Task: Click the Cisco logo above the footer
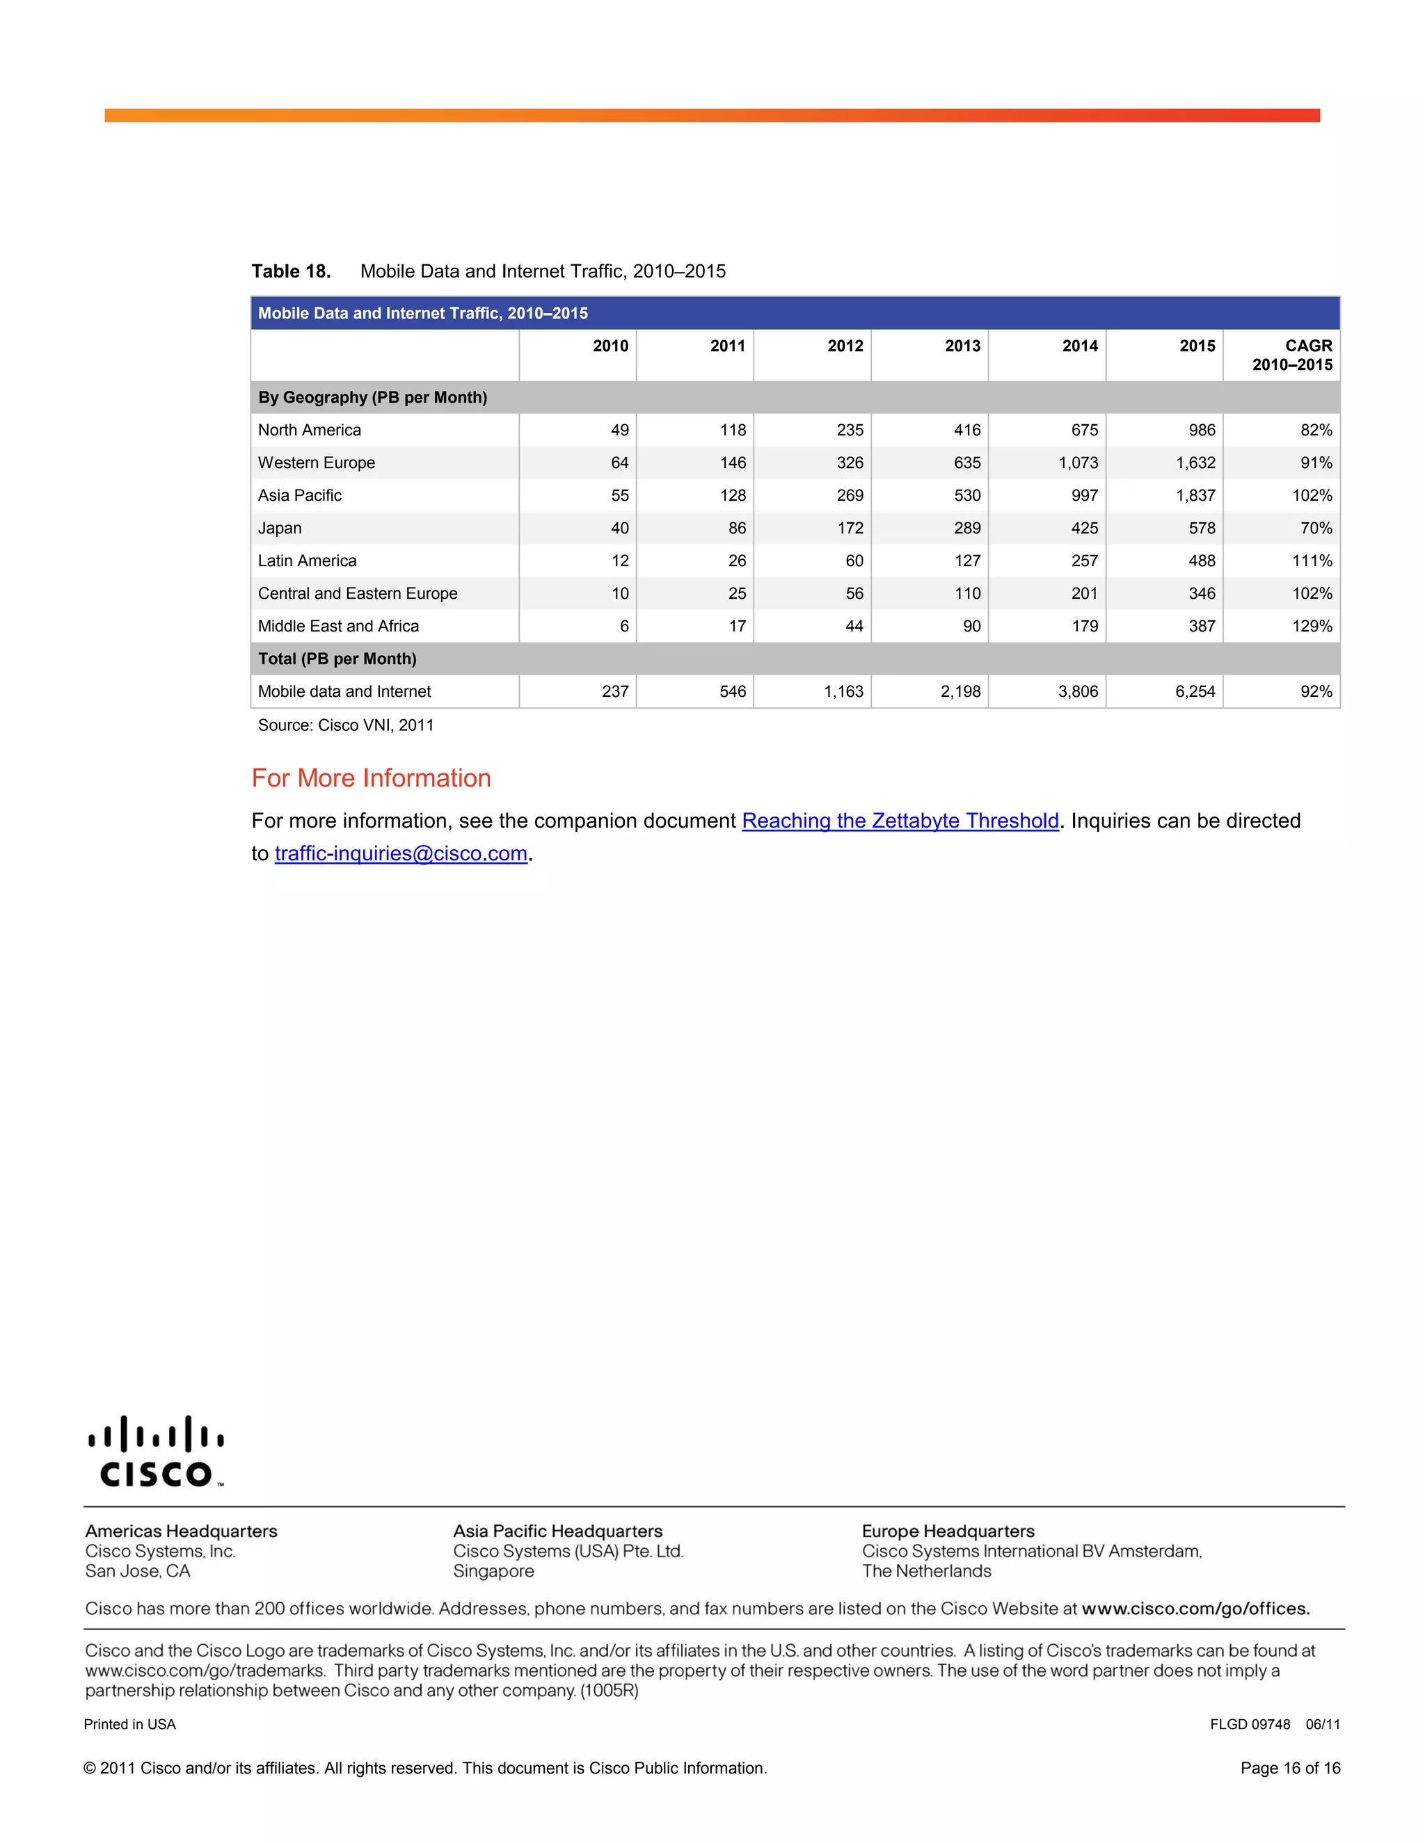[155, 1451]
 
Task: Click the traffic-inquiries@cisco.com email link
[401, 853]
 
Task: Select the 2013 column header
[962, 346]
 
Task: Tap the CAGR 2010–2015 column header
[1291, 355]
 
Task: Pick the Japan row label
[280, 529]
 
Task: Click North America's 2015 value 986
[1201, 430]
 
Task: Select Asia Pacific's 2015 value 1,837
[1195, 495]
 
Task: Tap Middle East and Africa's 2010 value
[624, 626]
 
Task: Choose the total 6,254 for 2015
[1195, 692]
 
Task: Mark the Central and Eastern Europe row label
[357, 593]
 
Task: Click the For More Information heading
[371, 778]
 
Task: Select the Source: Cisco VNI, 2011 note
[345, 725]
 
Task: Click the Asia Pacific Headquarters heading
[557, 1531]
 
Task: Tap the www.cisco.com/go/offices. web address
[1195, 1609]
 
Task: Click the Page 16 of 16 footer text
[1289, 1768]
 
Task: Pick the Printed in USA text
[130, 1724]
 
